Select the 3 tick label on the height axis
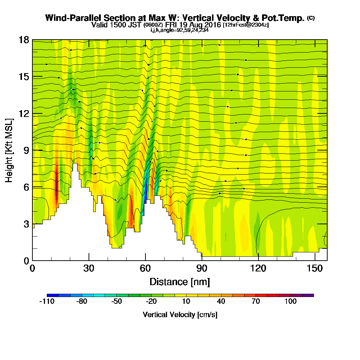click(26, 224)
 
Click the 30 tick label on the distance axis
click(89, 268)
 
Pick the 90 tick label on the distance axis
click(202, 268)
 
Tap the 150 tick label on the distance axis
click(315, 268)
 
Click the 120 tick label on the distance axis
click(258, 268)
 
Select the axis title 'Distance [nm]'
click(180, 281)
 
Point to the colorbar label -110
click(47, 301)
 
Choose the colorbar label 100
click(291, 301)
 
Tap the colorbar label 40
click(221, 301)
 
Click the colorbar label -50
click(117, 301)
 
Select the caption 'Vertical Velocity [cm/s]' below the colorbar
click(180, 315)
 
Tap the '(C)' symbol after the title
click(311, 18)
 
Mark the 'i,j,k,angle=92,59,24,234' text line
click(180, 30)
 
